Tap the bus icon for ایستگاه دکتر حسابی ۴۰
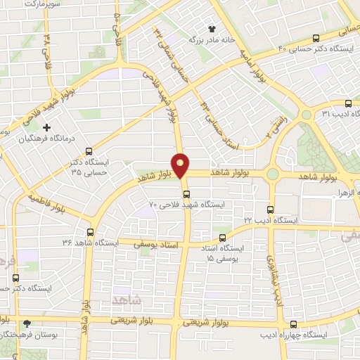315,38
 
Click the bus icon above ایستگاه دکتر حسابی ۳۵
89,150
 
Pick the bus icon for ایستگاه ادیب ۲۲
271,210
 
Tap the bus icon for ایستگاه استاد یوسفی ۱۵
223,238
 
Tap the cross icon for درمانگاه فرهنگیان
47,127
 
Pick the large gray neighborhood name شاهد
127,300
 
